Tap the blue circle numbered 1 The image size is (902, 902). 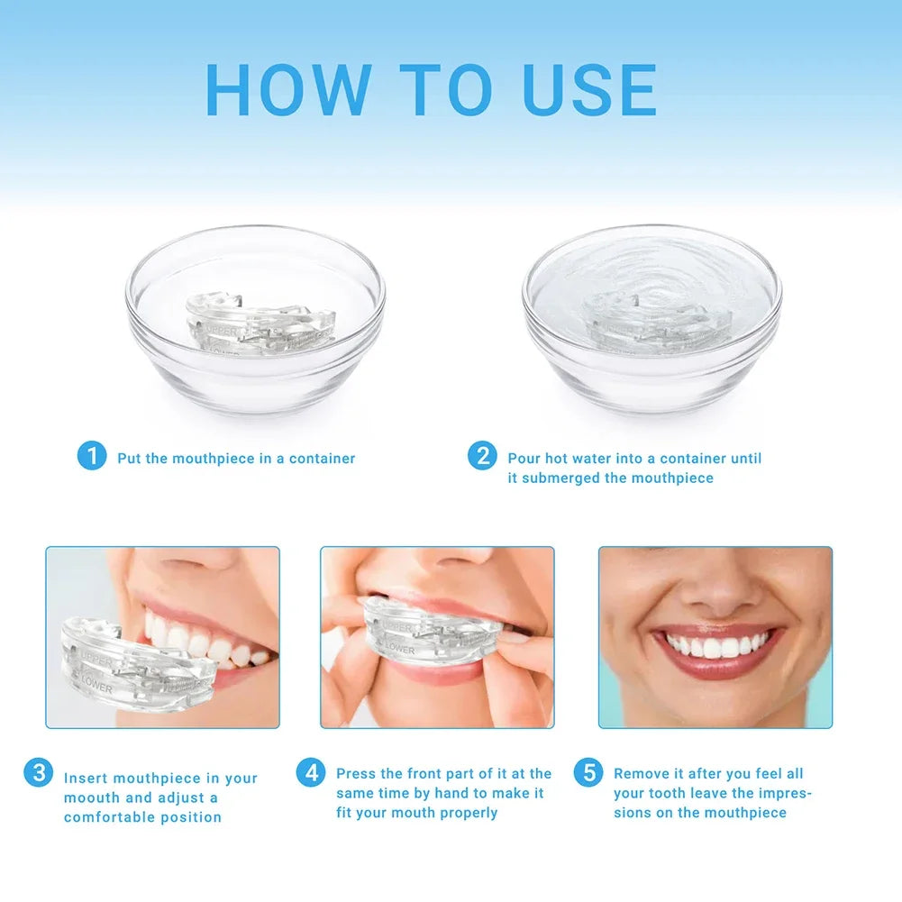(x=91, y=456)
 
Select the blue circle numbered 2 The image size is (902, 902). (x=482, y=456)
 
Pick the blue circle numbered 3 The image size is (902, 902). (x=38, y=772)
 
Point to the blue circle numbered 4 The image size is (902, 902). (x=310, y=772)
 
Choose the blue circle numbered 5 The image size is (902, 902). (x=588, y=772)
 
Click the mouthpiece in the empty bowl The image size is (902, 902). (x=259, y=323)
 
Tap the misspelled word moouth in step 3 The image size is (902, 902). (x=91, y=797)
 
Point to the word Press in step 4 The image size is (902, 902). (x=356, y=773)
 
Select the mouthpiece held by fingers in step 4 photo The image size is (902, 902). (x=424, y=636)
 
